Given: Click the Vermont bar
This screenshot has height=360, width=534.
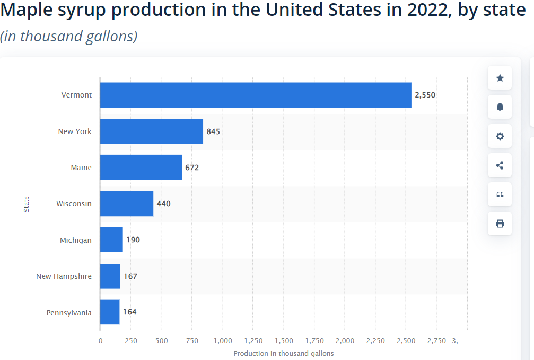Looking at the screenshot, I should tap(256, 95).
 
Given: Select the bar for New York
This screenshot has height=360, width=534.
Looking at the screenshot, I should tap(152, 131).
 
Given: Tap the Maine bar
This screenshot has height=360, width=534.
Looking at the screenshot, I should tap(141, 168).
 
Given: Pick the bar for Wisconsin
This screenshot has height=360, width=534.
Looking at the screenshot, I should tap(127, 204).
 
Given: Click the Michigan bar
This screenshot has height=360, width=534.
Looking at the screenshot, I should tap(111, 240).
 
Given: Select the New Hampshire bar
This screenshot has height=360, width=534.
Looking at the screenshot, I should tap(110, 276).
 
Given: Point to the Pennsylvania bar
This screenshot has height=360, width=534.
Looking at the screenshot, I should tap(110, 312).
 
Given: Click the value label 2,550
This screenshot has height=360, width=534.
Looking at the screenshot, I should tap(425, 95).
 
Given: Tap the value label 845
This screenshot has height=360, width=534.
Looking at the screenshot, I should tap(213, 131).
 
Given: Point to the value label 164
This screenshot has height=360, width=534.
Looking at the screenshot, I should tap(130, 312).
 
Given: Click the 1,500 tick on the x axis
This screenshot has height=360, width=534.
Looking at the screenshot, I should tap(284, 340).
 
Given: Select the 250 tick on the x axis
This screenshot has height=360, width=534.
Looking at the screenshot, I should tap(131, 340).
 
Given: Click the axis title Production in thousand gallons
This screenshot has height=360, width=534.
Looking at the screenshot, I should tap(283, 353).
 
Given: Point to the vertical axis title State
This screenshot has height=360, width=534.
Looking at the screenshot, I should tap(27, 204).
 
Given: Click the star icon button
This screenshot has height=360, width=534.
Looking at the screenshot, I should tap(500, 78).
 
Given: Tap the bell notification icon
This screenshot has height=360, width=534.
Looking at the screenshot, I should tap(500, 107).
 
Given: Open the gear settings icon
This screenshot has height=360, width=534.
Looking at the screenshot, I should tap(500, 136).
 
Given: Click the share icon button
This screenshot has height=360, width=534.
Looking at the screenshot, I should tap(500, 165).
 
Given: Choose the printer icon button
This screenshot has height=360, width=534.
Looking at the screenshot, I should tap(500, 224).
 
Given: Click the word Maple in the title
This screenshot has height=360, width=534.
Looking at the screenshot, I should tap(25, 10).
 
